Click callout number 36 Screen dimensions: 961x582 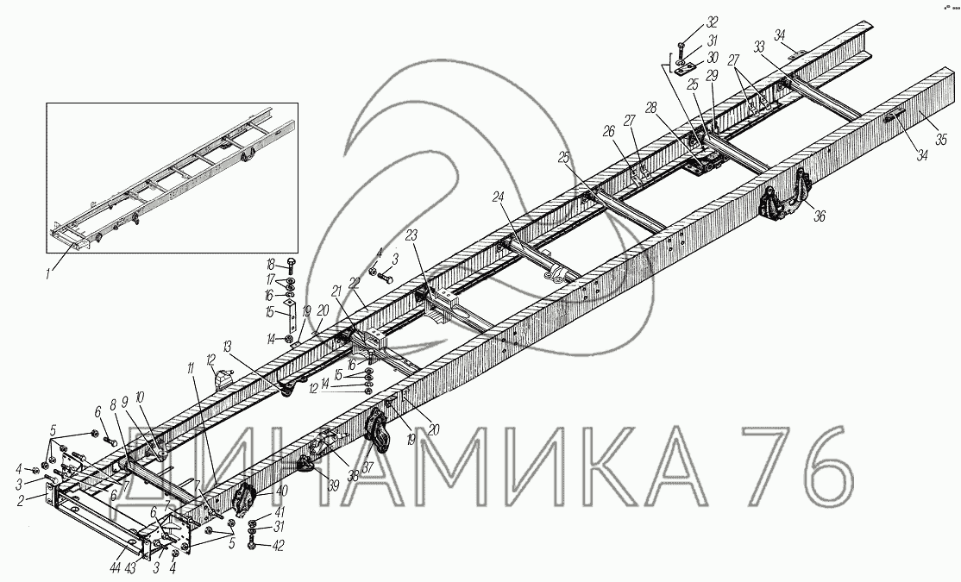819,216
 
